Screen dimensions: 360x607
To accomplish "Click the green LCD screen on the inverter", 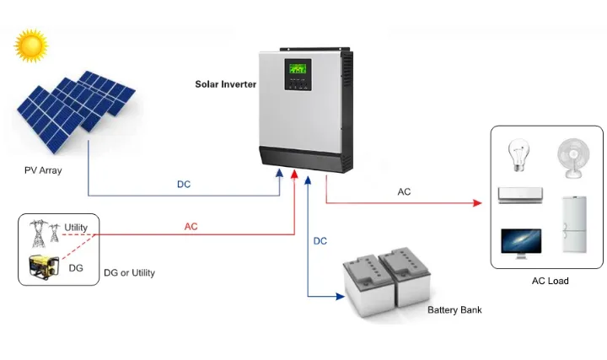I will click(x=300, y=72).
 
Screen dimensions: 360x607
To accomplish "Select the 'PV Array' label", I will click(x=43, y=170).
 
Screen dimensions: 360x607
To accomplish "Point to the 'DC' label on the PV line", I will click(x=184, y=184).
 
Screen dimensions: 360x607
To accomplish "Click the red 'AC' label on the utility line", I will click(x=191, y=226).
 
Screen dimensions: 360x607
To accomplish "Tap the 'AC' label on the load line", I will click(x=404, y=191).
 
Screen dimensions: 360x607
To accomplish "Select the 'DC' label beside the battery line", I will click(x=320, y=241).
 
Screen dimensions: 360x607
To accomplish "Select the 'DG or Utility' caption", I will click(x=129, y=273).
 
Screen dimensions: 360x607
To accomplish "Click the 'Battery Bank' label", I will click(x=454, y=310).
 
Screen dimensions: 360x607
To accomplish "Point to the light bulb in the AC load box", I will click(x=515, y=156).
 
